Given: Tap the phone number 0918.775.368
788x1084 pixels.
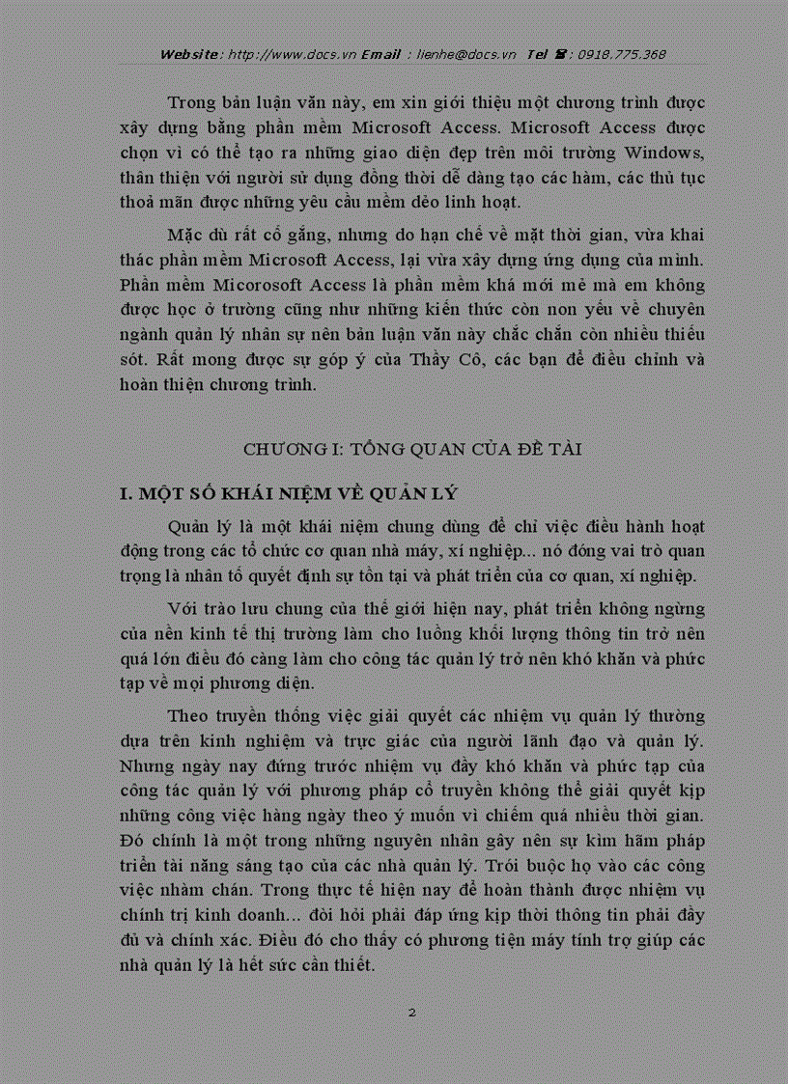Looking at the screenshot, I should point(622,54).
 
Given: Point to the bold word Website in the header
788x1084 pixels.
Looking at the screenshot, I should point(190,54).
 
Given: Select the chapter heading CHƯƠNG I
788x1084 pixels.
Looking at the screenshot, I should point(290,450).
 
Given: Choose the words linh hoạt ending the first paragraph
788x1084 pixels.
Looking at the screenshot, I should point(487,202).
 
